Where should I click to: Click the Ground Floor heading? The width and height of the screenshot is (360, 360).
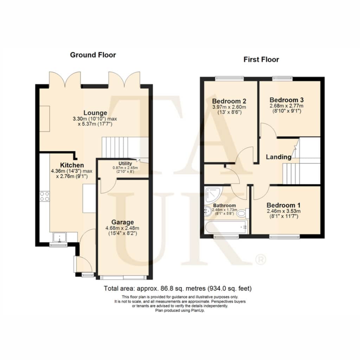click(x=93, y=55)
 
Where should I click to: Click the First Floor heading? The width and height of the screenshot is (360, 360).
click(x=261, y=59)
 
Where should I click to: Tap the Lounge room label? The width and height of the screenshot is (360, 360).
click(x=95, y=113)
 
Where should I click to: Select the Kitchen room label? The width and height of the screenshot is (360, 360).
click(x=72, y=165)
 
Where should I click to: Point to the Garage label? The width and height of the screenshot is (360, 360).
click(x=123, y=222)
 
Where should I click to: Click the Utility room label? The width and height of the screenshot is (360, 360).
click(x=125, y=163)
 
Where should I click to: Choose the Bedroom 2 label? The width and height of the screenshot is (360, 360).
click(x=229, y=101)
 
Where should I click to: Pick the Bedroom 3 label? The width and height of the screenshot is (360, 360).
click(x=287, y=100)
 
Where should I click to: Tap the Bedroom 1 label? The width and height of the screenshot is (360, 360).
click(x=284, y=205)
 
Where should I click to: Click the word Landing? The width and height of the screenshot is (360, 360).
click(x=279, y=157)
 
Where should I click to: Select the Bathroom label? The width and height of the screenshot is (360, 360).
click(x=224, y=205)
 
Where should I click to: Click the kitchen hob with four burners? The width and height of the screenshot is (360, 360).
click(x=45, y=196)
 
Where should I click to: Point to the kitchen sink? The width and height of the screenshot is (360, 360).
click(x=60, y=237)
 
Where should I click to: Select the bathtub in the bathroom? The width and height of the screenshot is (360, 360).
click(x=226, y=227)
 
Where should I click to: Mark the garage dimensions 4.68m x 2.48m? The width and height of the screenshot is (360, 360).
click(x=122, y=228)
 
